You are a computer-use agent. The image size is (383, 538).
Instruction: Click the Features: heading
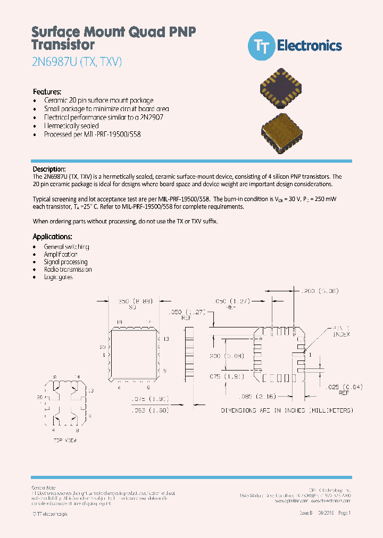(x=47, y=91)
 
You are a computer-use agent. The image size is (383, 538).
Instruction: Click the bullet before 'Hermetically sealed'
(x=35, y=127)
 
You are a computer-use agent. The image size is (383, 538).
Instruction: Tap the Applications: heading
(x=52, y=237)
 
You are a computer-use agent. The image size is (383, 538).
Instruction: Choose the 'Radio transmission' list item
(x=68, y=269)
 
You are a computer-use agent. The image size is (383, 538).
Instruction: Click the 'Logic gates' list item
(x=58, y=277)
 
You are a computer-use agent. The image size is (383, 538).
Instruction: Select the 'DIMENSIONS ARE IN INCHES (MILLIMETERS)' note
(x=287, y=410)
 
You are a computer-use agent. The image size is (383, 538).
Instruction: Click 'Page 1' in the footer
(x=344, y=513)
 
